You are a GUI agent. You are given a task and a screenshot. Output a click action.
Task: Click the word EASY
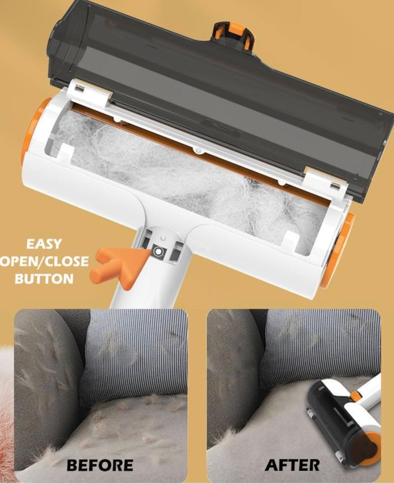click(44, 244)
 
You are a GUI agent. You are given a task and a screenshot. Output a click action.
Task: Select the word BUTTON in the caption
click(44, 278)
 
